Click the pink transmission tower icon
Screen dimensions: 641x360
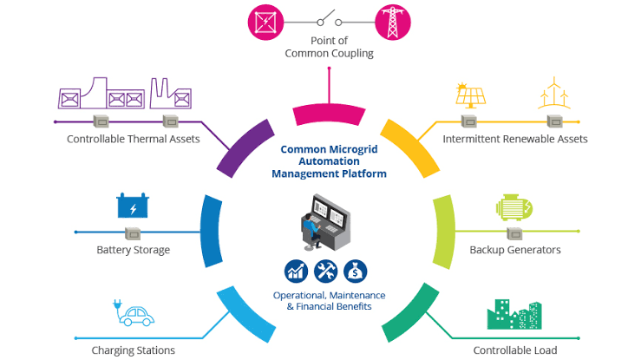click(393, 22)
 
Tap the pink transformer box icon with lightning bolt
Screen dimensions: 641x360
click(265, 22)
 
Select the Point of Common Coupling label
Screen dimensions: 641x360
click(329, 47)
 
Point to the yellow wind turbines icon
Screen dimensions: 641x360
click(554, 93)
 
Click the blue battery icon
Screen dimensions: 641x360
click(133, 206)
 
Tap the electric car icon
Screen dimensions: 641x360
click(134, 313)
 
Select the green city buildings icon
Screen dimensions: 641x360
click(514, 314)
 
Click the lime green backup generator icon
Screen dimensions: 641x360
click(513, 207)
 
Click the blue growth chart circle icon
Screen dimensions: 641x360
click(296, 272)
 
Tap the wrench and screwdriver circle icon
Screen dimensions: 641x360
click(326, 272)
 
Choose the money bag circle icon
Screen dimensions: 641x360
click(356, 272)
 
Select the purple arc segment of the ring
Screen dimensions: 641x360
click(244, 149)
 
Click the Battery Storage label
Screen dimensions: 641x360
click(134, 250)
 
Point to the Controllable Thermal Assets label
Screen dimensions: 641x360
click(134, 139)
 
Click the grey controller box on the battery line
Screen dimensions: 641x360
click(133, 233)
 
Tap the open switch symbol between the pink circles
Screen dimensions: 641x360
click(330, 19)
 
